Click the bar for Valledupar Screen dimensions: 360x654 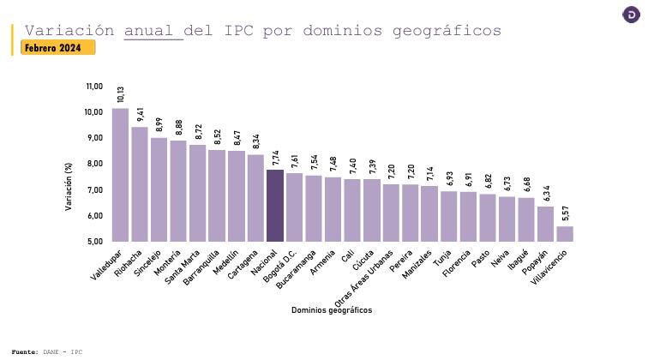[x=120, y=175]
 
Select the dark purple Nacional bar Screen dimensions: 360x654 [x=274, y=206]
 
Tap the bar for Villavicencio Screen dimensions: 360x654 [x=565, y=233]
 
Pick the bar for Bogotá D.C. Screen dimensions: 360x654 [x=294, y=207]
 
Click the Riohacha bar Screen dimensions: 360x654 [x=140, y=184]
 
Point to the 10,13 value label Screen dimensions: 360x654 [x=121, y=94]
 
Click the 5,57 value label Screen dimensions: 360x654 [x=565, y=213]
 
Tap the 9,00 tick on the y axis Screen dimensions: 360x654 [x=94, y=138]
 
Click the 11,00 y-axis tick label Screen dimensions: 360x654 [x=94, y=87]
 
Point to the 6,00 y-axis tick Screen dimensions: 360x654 [x=94, y=215]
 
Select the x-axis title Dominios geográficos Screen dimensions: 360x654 [x=332, y=309]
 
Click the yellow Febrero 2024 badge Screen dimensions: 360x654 [x=57, y=48]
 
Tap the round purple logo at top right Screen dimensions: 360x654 [x=631, y=15]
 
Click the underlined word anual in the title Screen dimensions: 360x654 [x=153, y=31]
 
